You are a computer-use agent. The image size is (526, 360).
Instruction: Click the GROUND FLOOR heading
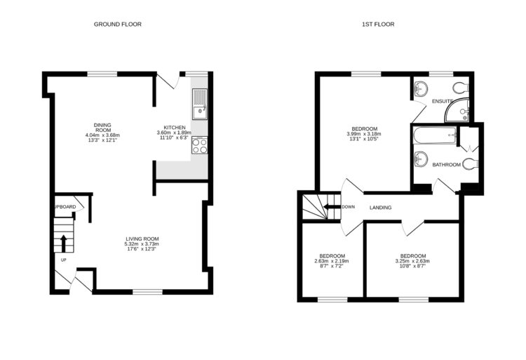click(x=118, y=24)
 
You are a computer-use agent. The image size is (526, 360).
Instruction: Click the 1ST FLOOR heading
click(x=377, y=24)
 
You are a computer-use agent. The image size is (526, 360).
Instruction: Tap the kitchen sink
click(x=199, y=109)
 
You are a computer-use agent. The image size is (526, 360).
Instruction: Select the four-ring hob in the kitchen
click(x=199, y=146)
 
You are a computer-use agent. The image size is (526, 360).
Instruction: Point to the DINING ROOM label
click(x=102, y=127)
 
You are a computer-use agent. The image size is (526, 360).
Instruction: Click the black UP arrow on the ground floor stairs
click(x=64, y=243)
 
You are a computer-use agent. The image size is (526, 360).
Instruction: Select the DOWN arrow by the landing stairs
click(x=330, y=207)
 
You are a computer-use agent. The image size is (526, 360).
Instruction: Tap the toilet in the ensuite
click(x=460, y=88)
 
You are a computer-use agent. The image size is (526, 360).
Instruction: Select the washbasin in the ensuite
click(x=421, y=89)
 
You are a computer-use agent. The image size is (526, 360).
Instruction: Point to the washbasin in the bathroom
click(x=421, y=158)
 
